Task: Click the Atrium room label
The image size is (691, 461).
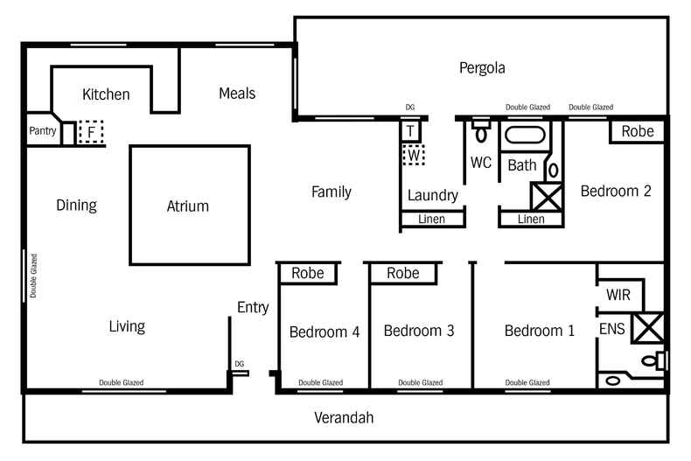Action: (x=187, y=206)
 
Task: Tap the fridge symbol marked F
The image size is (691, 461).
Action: (x=90, y=132)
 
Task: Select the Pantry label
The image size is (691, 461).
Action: (x=42, y=131)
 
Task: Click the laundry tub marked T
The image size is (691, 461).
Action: (x=410, y=131)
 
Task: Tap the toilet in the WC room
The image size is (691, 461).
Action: (x=480, y=132)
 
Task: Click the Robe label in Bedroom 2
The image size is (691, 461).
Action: (x=637, y=131)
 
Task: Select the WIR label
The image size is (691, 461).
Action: (x=618, y=295)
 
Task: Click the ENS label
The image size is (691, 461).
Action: (x=612, y=329)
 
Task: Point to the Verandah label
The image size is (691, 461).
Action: (x=344, y=418)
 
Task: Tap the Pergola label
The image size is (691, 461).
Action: (x=482, y=67)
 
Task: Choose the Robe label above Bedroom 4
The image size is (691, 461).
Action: (x=307, y=274)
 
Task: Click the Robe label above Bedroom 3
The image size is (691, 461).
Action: (x=402, y=274)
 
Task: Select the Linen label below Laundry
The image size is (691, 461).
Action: (x=432, y=220)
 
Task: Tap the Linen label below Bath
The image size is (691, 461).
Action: (x=531, y=220)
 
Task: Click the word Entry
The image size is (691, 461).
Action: (x=253, y=307)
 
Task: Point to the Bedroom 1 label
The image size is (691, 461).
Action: (x=539, y=331)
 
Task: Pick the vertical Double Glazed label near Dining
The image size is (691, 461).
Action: (x=34, y=276)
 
